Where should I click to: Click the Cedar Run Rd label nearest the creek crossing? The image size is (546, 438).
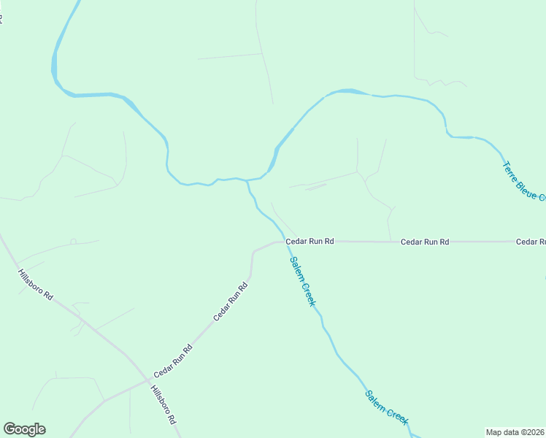309,241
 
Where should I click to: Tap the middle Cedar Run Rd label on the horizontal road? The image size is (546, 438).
424,242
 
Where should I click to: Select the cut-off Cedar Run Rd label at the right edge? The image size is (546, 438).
531,242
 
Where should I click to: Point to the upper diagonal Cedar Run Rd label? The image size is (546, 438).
231,301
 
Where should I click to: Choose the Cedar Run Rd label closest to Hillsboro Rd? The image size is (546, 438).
172,361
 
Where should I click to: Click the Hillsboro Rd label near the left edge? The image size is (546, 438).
36,285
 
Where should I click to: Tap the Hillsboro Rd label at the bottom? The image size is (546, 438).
164,405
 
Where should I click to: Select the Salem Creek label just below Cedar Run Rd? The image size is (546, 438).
302,281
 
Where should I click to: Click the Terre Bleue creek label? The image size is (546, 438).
523,180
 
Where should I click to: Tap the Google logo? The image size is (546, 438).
24,429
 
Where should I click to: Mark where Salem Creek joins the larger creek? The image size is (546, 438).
247,180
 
